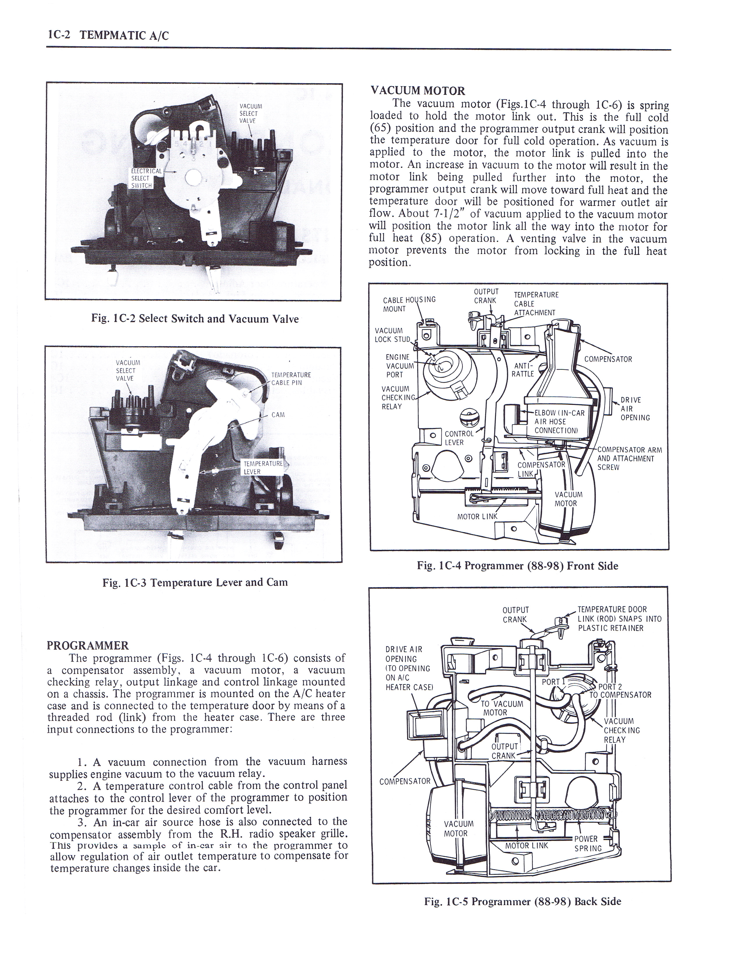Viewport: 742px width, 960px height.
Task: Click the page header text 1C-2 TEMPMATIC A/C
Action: tap(108, 35)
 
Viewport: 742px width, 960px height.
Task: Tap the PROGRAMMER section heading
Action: tap(88, 646)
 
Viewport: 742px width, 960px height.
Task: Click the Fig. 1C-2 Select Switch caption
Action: tap(195, 319)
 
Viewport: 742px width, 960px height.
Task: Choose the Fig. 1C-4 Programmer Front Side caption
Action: tap(517, 566)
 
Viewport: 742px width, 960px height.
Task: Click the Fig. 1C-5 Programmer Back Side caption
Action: tap(522, 902)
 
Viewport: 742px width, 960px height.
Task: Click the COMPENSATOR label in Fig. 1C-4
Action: tap(608, 359)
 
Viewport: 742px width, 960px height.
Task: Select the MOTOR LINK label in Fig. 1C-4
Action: tap(477, 516)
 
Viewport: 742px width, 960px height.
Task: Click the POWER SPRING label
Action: tap(588, 844)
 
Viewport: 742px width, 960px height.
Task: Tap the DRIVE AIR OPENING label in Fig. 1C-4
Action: tap(634, 408)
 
